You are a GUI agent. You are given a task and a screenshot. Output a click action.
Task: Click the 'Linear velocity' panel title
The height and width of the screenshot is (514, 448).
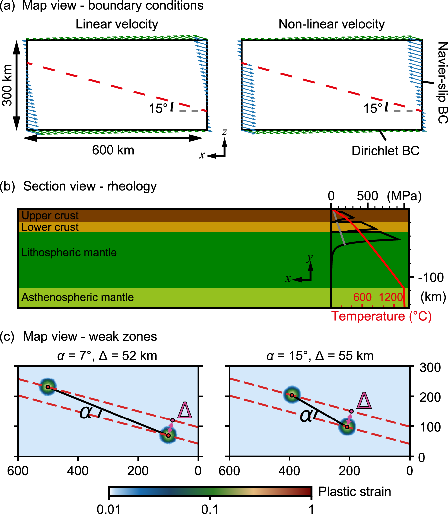[117, 24]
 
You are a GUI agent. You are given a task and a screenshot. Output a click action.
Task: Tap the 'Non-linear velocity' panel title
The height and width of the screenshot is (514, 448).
[332, 24]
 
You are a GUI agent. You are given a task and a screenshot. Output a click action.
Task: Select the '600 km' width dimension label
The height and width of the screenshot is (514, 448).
[113, 150]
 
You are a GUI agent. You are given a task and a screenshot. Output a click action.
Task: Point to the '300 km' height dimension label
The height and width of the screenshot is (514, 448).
[7, 85]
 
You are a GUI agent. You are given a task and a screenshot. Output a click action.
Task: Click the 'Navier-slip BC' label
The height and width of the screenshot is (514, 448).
[442, 83]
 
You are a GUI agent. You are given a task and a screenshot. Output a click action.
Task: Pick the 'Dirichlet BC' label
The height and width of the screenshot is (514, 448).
[386, 151]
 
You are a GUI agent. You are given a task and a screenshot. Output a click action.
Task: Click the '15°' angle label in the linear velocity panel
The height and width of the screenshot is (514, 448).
[158, 109]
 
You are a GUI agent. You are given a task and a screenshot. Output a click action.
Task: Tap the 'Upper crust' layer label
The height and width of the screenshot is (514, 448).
[50, 216]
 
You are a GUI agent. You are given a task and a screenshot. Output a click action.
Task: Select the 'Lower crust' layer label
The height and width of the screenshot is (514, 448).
[50, 227]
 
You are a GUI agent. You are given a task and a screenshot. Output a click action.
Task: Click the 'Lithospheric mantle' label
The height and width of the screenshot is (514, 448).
[69, 253]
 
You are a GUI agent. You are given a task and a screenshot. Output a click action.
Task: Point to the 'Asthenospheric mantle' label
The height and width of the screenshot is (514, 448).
[77, 297]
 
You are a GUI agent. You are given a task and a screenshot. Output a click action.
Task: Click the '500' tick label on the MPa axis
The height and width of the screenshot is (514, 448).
[367, 196]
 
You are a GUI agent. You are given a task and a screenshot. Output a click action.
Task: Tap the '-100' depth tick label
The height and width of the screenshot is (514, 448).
[431, 277]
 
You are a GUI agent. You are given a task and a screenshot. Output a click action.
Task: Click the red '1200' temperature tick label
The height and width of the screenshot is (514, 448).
[391, 297]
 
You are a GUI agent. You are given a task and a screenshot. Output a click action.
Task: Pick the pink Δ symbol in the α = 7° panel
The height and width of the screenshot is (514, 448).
[185, 410]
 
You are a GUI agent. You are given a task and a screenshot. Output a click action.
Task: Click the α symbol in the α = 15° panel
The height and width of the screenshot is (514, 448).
[306, 416]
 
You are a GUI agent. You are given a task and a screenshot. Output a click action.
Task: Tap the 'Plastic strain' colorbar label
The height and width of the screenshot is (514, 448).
[354, 492]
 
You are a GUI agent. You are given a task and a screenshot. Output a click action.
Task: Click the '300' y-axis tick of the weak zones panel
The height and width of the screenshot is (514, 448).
[430, 368]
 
